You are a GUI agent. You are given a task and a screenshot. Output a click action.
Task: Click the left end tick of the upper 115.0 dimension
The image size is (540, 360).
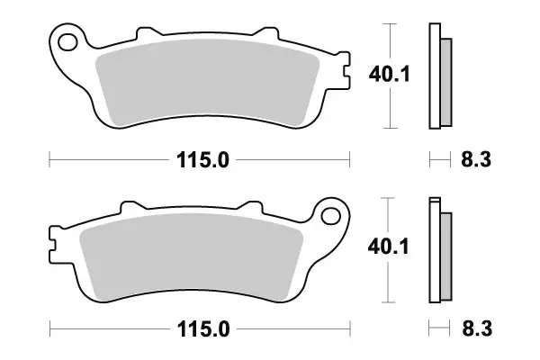(x=49, y=161)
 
